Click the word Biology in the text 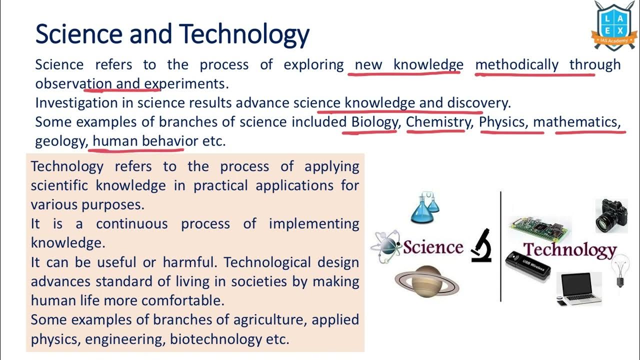374,122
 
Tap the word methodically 516,64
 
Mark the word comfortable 182,300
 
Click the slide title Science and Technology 172,33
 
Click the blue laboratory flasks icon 424,207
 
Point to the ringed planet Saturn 426,280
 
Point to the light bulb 620,269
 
